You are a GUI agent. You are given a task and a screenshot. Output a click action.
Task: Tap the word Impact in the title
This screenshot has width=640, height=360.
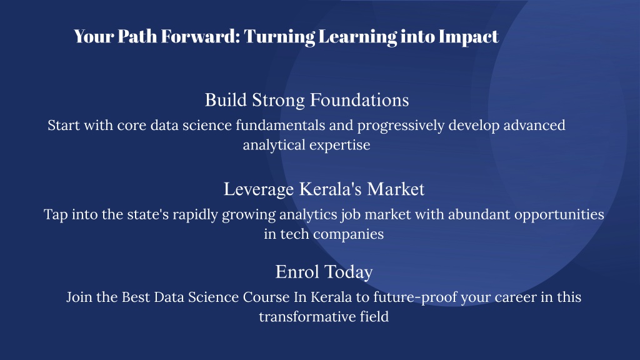(469, 37)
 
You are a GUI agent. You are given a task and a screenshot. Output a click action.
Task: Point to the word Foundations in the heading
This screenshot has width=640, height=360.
(359, 100)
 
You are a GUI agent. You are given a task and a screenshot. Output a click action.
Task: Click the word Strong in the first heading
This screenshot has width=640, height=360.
(278, 101)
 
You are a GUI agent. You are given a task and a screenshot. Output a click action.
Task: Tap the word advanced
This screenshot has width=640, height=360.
(534, 125)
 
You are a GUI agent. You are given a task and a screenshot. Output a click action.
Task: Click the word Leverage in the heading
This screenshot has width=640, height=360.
(259, 189)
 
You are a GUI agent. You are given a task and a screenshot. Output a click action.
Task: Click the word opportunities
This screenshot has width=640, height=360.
(559, 215)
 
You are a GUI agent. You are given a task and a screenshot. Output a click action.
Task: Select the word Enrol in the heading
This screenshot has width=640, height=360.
(297, 272)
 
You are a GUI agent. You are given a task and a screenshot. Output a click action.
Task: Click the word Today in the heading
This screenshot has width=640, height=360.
(349, 272)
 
